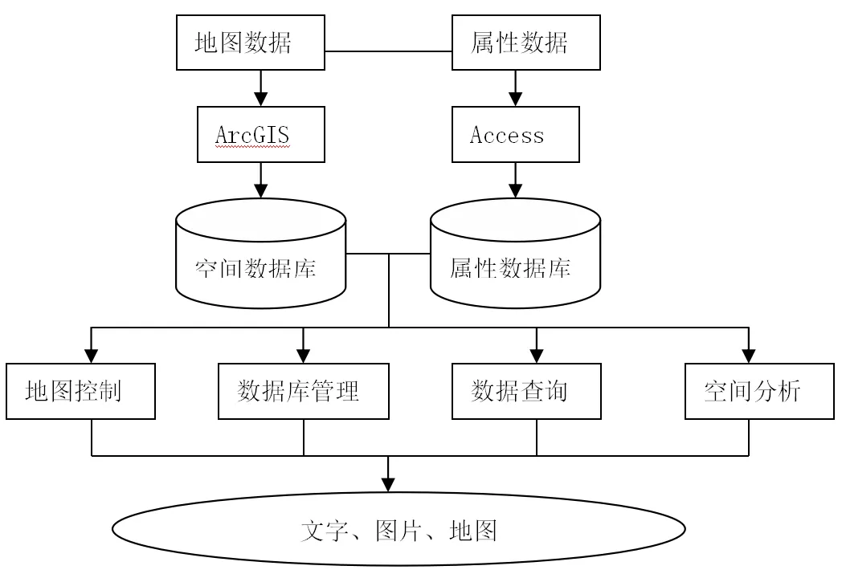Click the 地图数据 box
pos(250,43)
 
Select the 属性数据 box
pos(525,43)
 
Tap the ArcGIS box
pos(261,134)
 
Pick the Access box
pos(516,134)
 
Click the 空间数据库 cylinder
pos(261,254)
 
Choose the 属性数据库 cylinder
pos(516,254)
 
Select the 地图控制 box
pos(80,391)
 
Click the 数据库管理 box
pos(304,391)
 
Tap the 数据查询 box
pos(526,391)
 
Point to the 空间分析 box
pos(759,391)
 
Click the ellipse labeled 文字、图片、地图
pos(399,529)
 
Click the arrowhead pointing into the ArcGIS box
pos(261,100)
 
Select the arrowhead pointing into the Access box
pos(516,100)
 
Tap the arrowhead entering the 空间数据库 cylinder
pos(261,191)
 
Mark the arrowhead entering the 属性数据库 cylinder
pos(516,191)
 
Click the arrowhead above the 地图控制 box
pos(92,356)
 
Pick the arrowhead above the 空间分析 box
pos(749,356)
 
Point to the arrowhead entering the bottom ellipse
pos(388,485)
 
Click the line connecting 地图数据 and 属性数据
pos(388,51)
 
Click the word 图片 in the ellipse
pos(398,531)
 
